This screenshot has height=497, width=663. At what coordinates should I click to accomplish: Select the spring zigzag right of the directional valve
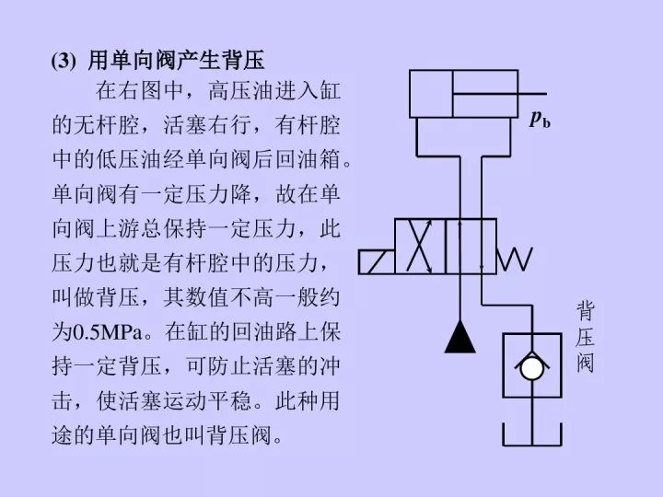(515, 260)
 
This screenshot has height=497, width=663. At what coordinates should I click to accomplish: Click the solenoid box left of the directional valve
(377, 260)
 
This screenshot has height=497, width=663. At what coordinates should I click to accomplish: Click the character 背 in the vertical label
(586, 307)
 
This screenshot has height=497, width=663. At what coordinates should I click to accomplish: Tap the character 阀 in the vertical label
(586, 364)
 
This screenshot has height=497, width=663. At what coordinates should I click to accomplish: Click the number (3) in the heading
(64, 61)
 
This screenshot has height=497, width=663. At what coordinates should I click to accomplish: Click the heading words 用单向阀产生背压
(175, 61)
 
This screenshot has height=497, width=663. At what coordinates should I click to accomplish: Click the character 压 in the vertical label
(586, 336)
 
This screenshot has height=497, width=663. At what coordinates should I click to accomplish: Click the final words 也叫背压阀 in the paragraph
(226, 433)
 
